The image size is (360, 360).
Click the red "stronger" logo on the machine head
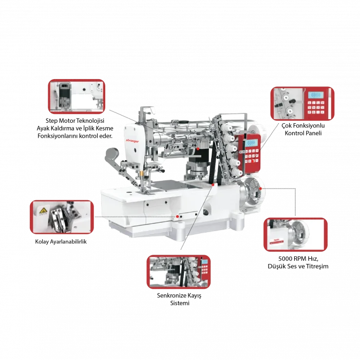[132, 139]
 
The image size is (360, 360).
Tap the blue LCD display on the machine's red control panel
[251, 142]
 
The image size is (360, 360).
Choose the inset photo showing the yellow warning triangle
[62, 216]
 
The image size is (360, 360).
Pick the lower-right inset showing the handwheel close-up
[295, 234]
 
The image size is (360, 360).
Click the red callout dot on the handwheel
[261, 189]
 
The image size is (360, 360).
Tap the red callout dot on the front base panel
[178, 217]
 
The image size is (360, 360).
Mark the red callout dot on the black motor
[198, 148]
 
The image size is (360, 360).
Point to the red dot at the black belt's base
[212, 183]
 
